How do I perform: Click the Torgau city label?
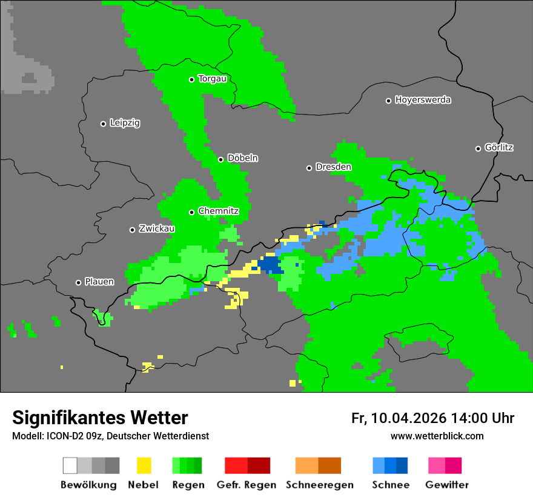click(212, 79)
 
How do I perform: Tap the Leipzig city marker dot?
click(103, 124)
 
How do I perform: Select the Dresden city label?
click(333, 167)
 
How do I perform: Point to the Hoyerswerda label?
click(423, 100)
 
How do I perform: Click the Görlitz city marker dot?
click(478, 148)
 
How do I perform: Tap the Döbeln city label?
click(242, 158)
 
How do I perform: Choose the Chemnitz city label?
click(218, 212)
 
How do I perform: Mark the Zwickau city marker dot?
click(132, 230)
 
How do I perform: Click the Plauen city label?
click(99, 282)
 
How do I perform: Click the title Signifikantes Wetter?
click(100, 418)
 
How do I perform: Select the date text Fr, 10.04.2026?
click(399, 418)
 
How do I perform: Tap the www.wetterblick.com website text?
click(437, 436)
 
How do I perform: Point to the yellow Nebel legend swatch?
click(144, 465)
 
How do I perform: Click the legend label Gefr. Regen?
click(247, 485)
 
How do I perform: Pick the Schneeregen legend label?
click(319, 485)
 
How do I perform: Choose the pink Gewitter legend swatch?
click(437, 465)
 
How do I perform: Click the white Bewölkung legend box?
click(70, 465)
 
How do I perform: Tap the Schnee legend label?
click(391, 485)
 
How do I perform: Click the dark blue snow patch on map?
click(269, 264)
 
